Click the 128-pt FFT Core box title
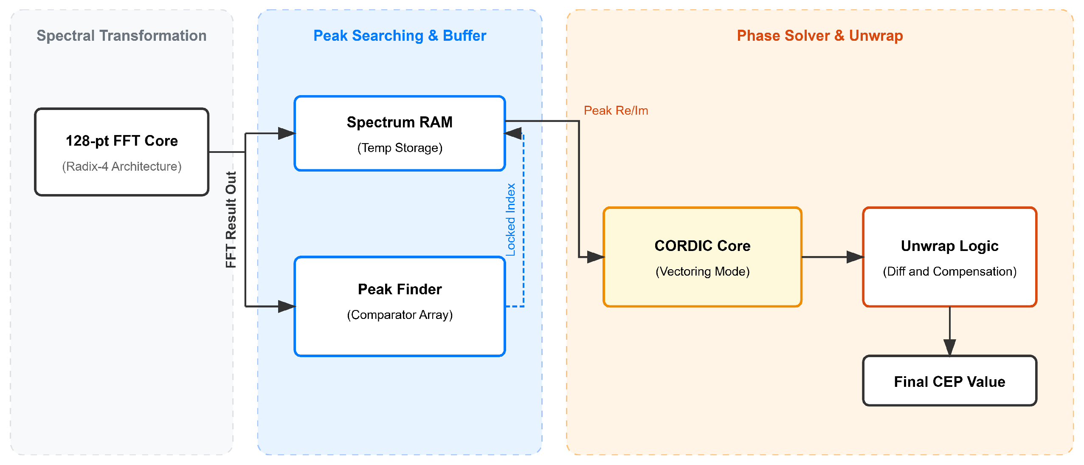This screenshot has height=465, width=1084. point(122,141)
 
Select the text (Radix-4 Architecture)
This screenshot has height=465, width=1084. point(122,166)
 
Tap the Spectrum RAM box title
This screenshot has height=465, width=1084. point(400,122)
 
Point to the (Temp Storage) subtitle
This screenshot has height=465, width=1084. point(400,148)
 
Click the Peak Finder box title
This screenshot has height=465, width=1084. point(400,289)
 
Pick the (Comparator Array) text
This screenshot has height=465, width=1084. point(400,315)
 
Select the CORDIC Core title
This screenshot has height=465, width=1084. point(702,246)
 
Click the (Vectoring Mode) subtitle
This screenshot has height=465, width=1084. point(702,271)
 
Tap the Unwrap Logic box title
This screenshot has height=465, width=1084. point(949,246)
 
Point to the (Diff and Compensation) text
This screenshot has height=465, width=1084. point(949,271)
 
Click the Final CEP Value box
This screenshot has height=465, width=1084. point(949,381)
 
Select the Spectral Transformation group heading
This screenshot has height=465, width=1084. point(121,36)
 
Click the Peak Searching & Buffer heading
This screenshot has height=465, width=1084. point(400,36)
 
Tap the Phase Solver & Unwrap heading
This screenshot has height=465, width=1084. point(819,36)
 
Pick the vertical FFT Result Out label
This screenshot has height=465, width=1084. point(231,220)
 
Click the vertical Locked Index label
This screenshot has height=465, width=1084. point(510,220)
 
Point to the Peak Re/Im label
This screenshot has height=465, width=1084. point(616,110)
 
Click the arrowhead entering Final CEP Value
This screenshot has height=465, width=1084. point(950,347)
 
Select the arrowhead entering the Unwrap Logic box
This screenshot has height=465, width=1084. point(855,257)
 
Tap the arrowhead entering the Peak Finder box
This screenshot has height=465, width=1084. point(287,306)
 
